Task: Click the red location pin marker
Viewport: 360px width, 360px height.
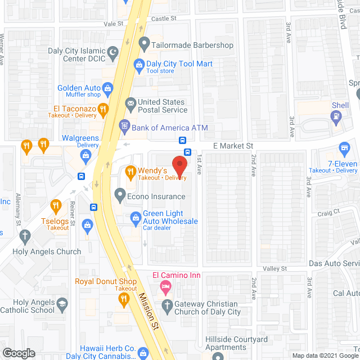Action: [179, 165]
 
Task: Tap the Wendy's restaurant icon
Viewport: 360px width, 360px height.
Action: [130, 171]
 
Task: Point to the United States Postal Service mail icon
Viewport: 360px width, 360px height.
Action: [130, 102]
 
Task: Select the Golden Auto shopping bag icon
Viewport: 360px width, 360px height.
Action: [108, 88]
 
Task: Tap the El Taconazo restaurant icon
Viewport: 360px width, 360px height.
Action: [102, 109]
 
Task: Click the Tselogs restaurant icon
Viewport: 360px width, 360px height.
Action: [55, 205]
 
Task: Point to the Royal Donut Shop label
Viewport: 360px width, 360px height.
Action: [106, 282]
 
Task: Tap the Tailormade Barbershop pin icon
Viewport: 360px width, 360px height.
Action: [144, 43]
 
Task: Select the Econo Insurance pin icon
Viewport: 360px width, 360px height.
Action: [119, 196]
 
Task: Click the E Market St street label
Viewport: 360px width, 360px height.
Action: [232, 146]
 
